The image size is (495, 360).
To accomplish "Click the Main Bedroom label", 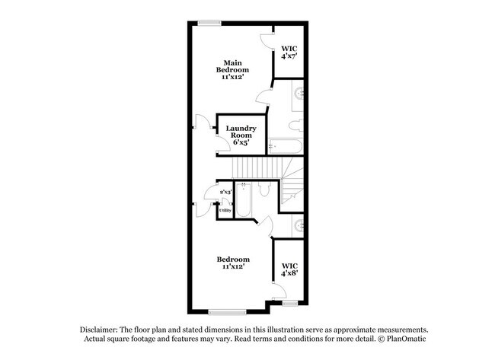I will [x=232, y=69].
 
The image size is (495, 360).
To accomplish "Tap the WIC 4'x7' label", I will [x=288, y=51].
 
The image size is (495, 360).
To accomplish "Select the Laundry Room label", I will [x=241, y=135].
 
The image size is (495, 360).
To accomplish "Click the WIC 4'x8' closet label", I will [x=289, y=270].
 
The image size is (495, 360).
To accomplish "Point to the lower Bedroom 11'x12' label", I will [x=232, y=263].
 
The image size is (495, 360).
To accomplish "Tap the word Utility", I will [x=225, y=210].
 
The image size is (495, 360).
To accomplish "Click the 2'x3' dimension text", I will [x=225, y=193].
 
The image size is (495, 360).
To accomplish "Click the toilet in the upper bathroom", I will [x=295, y=124].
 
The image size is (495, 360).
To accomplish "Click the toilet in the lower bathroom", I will [x=264, y=190].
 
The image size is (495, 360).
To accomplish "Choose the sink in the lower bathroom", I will [x=299, y=226].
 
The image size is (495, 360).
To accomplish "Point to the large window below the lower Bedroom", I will [x=227, y=311].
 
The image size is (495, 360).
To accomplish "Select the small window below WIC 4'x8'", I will [x=289, y=303].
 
